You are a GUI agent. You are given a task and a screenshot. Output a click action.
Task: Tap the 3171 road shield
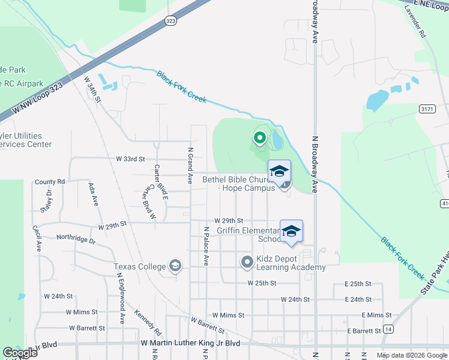(427, 109)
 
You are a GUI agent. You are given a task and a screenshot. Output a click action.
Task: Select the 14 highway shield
(389, 329)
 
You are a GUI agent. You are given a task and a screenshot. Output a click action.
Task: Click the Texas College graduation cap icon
(175, 266)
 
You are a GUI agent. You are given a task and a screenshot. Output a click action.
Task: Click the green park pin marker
(259, 139)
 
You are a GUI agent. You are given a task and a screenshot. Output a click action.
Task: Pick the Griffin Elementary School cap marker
(291, 232)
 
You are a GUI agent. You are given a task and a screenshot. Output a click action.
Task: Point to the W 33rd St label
(131, 159)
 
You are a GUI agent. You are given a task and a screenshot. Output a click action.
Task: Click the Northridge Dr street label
(76, 238)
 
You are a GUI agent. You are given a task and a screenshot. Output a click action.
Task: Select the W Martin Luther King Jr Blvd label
(190, 343)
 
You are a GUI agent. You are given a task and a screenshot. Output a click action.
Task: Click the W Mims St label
(229, 315)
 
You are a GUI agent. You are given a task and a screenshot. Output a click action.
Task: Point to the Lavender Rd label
(414, 23)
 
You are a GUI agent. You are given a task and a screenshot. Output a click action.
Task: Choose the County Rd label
(50, 182)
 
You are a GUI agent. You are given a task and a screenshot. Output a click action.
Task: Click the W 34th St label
(93, 89)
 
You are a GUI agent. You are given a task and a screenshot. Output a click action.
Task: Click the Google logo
(20, 353)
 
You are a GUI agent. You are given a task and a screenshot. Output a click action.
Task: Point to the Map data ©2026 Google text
(411, 355)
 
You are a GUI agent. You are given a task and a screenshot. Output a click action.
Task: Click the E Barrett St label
(363, 331)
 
